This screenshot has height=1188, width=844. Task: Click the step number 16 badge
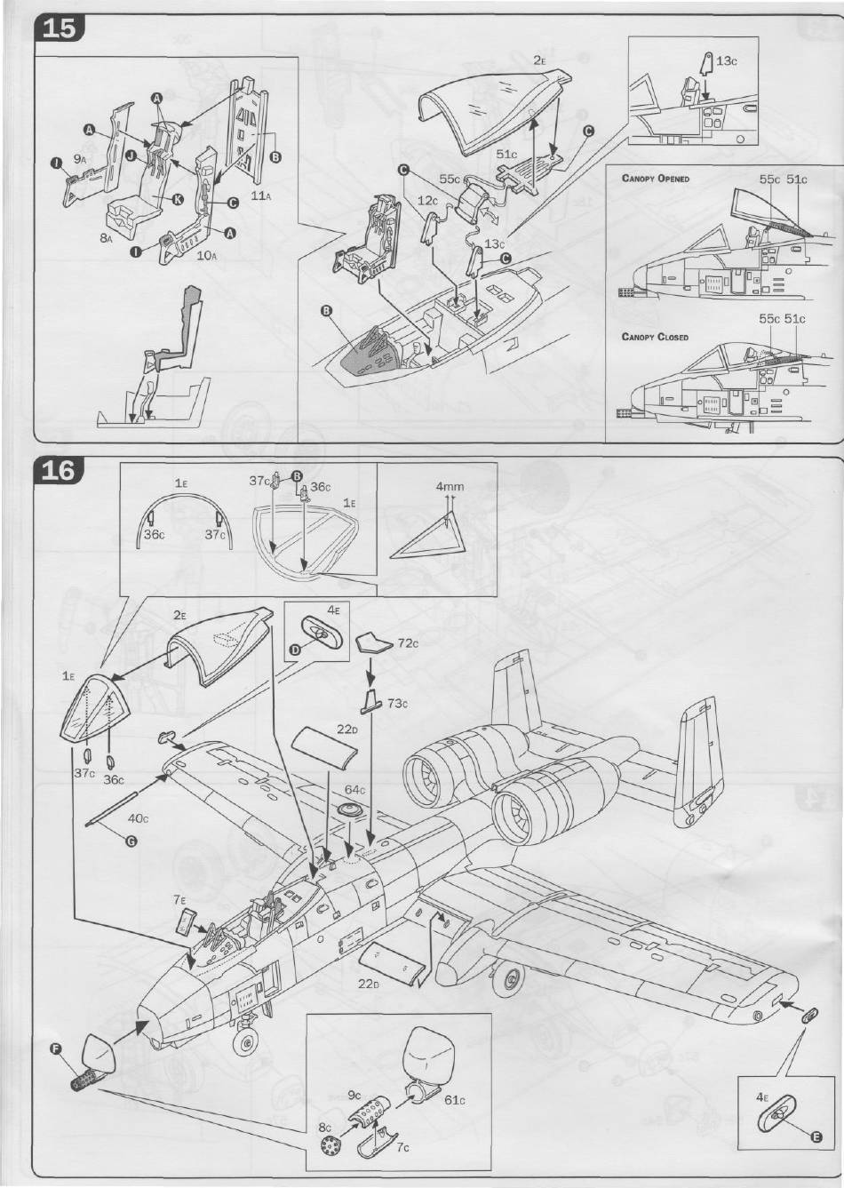coord(59,470)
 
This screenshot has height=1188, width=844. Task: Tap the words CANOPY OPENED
coord(656,179)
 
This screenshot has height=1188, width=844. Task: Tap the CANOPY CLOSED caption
coord(655,338)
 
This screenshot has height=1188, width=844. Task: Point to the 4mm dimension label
coord(450,487)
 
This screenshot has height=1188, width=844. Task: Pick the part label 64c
coord(355,789)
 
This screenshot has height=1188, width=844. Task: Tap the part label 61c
coord(455,1100)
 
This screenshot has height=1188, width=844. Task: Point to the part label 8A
coord(105,237)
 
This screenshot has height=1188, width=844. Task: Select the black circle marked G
coord(131,842)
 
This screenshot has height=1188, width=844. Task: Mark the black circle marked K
coord(178,199)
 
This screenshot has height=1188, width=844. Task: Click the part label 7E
coord(179,900)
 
